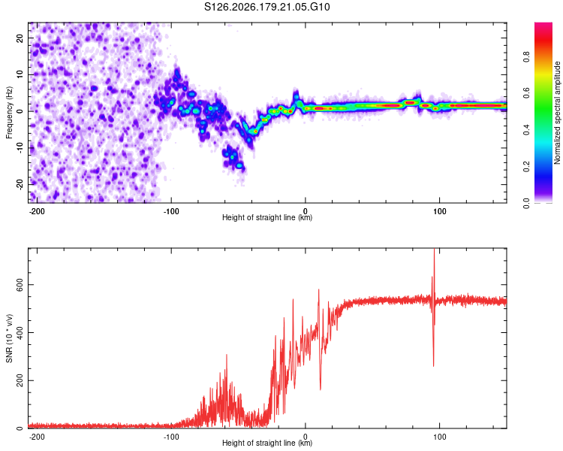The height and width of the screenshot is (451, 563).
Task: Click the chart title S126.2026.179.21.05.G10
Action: click(x=266, y=7)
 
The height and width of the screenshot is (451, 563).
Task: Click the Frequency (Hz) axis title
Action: click(x=9, y=113)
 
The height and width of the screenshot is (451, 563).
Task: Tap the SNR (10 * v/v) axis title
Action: click(x=9, y=338)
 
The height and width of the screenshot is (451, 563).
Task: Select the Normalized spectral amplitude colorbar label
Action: click(x=557, y=113)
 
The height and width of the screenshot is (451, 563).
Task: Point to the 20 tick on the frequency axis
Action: click(x=20, y=38)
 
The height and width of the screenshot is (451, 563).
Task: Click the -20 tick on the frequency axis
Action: click(x=20, y=184)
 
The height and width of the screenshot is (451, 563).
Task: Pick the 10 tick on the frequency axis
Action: click(x=20, y=74)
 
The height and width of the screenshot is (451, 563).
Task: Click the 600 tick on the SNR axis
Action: click(x=20, y=284)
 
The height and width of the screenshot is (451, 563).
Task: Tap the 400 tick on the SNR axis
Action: click(x=20, y=332)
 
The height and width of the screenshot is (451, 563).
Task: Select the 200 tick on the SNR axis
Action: click(x=20, y=380)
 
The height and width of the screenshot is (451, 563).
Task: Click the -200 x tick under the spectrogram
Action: click(x=37, y=211)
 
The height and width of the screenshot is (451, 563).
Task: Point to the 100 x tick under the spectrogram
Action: click(x=439, y=211)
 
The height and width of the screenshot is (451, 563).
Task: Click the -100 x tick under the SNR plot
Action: click(x=171, y=437)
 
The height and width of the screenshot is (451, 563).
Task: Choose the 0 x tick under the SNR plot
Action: click(x=306, y=437)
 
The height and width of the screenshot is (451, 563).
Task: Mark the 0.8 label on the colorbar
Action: click(x=526, y=56)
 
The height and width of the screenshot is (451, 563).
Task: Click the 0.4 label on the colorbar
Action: click(x=526, y=130)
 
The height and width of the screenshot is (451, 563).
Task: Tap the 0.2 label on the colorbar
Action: click(x=526, y=167)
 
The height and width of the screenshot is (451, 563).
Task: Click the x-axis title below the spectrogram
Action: click(x=267, y=217)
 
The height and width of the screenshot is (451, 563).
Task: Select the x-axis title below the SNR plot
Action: click(x=267, y=443)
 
